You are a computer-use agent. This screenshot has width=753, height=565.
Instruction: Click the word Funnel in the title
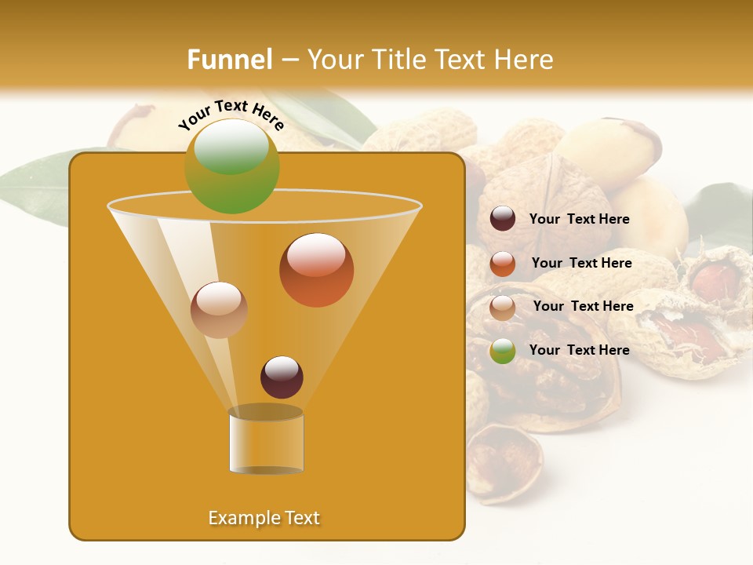point(230,60)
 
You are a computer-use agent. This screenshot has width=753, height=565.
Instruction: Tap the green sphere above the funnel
point(231,166)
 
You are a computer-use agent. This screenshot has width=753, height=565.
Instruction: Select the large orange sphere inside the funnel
point(316,270)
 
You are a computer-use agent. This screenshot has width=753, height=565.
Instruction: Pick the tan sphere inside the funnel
point(219,310)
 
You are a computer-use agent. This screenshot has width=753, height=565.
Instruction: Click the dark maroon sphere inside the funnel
point(282,377)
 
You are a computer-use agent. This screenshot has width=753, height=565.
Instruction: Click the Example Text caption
point(264,518)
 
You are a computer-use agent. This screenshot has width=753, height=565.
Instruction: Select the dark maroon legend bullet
point(503,219)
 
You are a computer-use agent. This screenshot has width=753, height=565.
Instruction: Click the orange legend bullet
point(503,264)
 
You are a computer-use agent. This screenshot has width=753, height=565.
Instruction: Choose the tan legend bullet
point(503,308)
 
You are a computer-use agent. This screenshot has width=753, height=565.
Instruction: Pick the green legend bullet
point(503,351)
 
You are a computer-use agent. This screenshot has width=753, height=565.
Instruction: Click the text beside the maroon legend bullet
point(579,220)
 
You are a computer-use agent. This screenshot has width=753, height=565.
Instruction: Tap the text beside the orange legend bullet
point(581,264)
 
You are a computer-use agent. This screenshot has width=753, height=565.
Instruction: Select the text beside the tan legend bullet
point(583,307)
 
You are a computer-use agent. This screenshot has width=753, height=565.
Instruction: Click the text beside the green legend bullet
point(579,351)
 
